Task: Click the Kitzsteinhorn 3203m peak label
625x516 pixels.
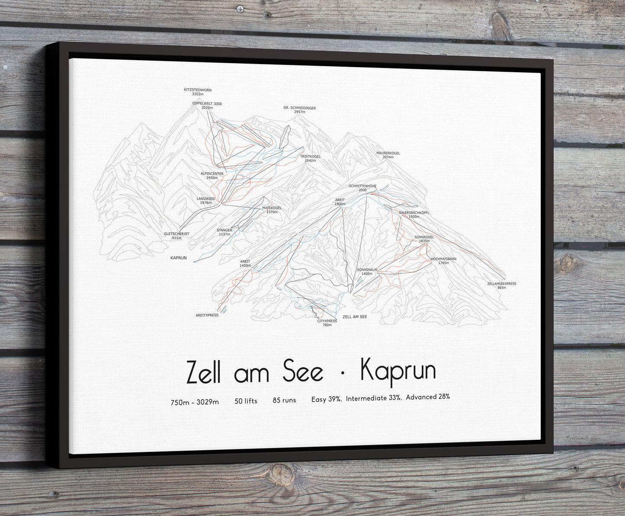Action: pos(197,92)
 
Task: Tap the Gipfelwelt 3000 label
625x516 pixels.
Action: pos(207,106)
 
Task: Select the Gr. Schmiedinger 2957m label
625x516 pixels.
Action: pos(299,109)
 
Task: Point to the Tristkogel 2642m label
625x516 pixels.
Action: pos(310,158)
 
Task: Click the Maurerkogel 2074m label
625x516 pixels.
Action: pos(388,155)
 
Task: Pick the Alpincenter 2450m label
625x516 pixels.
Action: pos(212,176)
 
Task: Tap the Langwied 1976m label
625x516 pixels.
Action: pos(205,201)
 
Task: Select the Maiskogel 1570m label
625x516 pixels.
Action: pos(272,210)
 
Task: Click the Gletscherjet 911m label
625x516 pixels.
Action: pos(176,236)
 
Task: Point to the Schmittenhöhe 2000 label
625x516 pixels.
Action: pos(362,188)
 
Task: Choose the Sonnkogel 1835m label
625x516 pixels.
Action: pos(424,239)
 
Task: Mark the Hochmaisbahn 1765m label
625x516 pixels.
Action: pos(443,261)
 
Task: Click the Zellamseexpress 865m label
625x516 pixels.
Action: pos(501,285)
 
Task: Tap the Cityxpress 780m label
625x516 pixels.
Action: pos(327,323)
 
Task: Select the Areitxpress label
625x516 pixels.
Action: pos(207,315)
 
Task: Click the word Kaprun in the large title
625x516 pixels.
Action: pos(398,372)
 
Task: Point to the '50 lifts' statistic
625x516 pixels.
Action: pos(246,401)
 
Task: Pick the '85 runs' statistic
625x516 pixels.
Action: pos(284,400)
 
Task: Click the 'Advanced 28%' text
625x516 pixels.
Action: pos(428,397)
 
